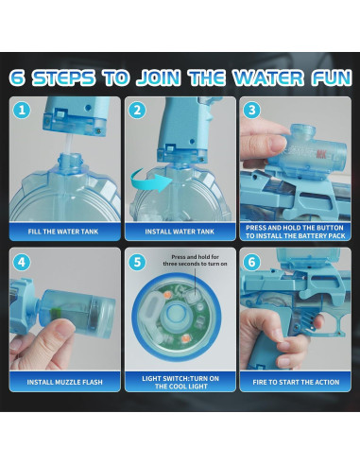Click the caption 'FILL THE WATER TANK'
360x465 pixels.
(64, 230)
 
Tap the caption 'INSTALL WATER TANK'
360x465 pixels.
(180, 230)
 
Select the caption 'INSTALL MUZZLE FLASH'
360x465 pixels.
(64, 382)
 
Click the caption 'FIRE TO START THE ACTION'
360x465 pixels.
(295, 382)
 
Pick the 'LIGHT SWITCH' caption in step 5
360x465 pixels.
(180, 382)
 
